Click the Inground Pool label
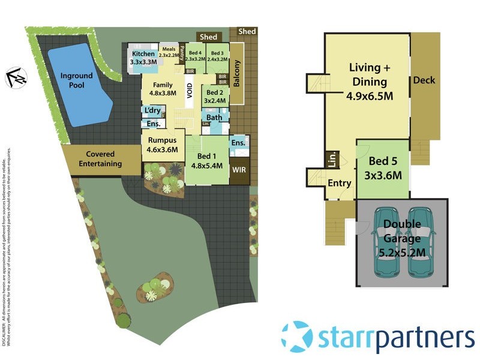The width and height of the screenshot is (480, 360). [77, 80]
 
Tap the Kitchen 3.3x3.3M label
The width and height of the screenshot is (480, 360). [144, 58]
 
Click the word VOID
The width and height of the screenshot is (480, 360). [190, 91]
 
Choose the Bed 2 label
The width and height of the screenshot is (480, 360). [215, 97]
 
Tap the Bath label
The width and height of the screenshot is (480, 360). [214, 118]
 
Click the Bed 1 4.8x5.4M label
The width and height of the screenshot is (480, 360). [207, 161]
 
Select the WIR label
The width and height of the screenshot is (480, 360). [239, 170]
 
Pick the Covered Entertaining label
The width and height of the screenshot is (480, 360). [100, 159]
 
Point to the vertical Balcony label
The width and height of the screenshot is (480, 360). [236, 73]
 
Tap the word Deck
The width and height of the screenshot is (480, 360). [424, 80]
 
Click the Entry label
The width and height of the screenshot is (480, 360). [339, 184]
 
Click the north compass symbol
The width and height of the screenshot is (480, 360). [16, 76]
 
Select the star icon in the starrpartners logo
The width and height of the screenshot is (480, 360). [296, 337]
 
